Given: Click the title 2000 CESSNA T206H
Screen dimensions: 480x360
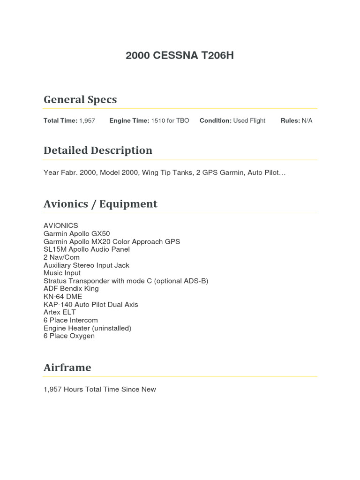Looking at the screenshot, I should pyautogui.click(x=180, y=56).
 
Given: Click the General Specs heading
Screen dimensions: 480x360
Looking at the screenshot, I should pyautogui.click(x=80, y=99).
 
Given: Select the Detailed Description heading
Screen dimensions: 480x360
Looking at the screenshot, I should pyautogui.click(x=98, y=150).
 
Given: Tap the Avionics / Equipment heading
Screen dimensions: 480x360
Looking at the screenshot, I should pyautogui.click(x=100, y=204).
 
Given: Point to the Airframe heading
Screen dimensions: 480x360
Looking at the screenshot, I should pyautogui.click(x=67, y=367).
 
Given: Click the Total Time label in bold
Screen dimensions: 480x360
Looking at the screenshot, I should pyautogui.click(x=60, y=120).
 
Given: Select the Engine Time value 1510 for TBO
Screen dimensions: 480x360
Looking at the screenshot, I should pyautogui.click(x=170, y=120).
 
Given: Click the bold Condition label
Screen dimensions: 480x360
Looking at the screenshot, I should pyautogui.click(x=216, y=120).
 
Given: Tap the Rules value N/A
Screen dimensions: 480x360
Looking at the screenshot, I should pyautogui.click(x=307, y=120).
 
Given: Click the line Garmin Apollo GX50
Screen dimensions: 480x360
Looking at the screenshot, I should pyautogui.click(x=77, y=233).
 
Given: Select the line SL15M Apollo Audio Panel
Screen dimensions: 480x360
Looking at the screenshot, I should pyautogui.click(x=87, y=249).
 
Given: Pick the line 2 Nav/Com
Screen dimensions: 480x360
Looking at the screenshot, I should pyautogui.click(x=61, y=257).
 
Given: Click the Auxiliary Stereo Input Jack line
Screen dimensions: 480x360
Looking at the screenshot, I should pyautogui.click(x=86, y=265).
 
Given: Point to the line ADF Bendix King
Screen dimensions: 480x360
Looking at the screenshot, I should pyautogui.click(x=71, y=289).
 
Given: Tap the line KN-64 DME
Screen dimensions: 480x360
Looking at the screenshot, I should pyautogui.click(x=63, y=297).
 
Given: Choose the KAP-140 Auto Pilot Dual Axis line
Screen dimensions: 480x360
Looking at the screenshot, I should pyautogui.click(x=91, y=305).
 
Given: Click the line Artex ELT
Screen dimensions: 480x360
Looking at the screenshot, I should pyautogui.click(x=60, y=312).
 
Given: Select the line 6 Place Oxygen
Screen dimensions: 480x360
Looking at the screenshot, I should pyautogui.click(x=69, y=336).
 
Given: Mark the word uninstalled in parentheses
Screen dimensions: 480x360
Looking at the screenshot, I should pyautogui.click(x=111, y=328).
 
